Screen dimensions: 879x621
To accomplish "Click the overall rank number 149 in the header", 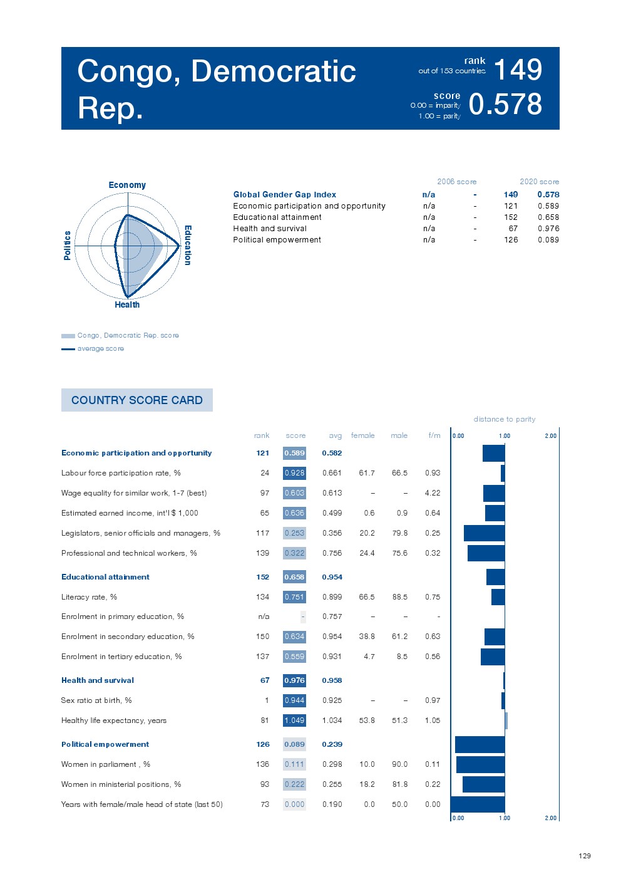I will pos(518,70).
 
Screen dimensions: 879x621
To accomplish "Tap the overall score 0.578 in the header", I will pos(505,105).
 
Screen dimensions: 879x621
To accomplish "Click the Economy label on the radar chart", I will pos(127,185).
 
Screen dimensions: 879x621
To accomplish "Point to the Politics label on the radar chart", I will pos(67,245).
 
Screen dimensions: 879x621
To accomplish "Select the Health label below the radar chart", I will pos(127,304).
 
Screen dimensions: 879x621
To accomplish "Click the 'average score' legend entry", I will pos(100,349).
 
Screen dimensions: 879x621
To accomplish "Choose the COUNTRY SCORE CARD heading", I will pos(137,400).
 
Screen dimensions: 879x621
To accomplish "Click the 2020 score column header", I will pos(539,182).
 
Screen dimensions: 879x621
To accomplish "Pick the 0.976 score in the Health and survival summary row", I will pos(548,229).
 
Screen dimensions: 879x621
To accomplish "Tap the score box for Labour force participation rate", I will pos(294,473).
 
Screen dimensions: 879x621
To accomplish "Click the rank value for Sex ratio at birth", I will pos(267,700).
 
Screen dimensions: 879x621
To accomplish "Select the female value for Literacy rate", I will pos(367,597).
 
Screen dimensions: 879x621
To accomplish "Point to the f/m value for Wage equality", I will pos(433,493).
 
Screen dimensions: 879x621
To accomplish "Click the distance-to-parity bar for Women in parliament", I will pos(480,764).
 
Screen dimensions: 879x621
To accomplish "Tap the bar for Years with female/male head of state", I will pos(478,804).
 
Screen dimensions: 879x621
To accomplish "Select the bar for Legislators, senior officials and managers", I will pos(484,533).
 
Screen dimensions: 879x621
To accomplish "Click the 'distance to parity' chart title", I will pos(504,419).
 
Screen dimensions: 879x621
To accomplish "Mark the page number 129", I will pos(585,856).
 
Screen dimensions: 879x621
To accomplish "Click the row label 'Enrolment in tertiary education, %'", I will pos(121,657).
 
